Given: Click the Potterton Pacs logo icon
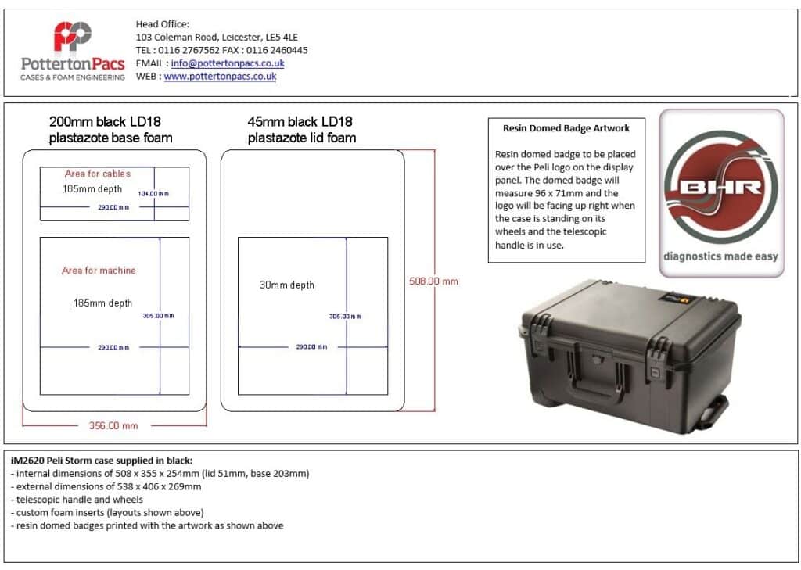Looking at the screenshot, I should pyautogui.click(x=73, y=37).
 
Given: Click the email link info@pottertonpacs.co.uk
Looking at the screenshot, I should pyautogui.click(x=228, y=63).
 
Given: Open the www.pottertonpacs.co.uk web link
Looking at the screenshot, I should pyautogui.click(x=220, y=77).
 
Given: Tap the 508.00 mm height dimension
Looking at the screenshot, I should pyautogui.click(x=433, y=281).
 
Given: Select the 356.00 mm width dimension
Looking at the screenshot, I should pyautogui.click(x=108, y=425).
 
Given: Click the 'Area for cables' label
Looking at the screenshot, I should pyautogui.click(x=98, y=174).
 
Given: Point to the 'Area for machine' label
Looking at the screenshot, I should pyautogui.click(x=99, y=271).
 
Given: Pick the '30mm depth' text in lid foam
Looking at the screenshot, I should pyautogui.click(x=287, y=285).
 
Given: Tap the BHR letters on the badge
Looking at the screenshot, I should pyautogui.click(x=720, y=188).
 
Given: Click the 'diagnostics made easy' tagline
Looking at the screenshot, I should pyautogui.click(x=720, y=256).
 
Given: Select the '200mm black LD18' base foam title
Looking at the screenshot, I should pyautogui.click(x=106, y=122).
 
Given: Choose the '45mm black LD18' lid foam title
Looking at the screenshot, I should pyautogui.click(x=300, y=122).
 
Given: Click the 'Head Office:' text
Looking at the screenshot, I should pyautogui.click(x=163, y=24).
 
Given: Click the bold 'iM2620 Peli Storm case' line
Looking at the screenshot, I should pyautogui.click(x=102, y=461).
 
